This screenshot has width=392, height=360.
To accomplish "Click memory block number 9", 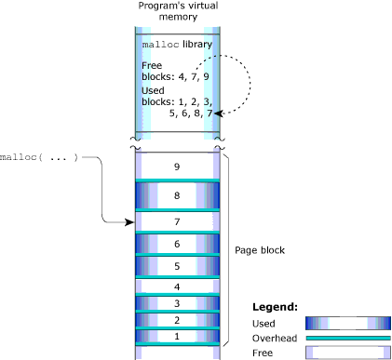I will coord(177,167).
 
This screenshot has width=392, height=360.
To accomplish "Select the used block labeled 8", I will coord(177,195).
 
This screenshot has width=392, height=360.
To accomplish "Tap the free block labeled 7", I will coord(177,222).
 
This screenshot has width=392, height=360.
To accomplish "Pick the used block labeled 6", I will coord(177,244).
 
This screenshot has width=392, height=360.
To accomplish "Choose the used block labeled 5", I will coord(177,266).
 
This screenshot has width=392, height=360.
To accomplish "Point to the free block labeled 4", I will coord(177,287).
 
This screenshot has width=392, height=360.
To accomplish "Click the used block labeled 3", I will coord(177,303).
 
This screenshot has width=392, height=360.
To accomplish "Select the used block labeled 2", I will coord(177,319).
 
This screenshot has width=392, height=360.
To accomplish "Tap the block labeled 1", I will coord(177,335).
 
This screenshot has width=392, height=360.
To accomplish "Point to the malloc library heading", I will coord(177,45).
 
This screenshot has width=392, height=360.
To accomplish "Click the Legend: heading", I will coord(276,306).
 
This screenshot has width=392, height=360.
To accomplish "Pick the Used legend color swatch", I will coord(347,322).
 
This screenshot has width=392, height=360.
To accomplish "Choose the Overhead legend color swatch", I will coord(347,338).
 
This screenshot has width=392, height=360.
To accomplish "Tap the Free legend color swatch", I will coord(347,353).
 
